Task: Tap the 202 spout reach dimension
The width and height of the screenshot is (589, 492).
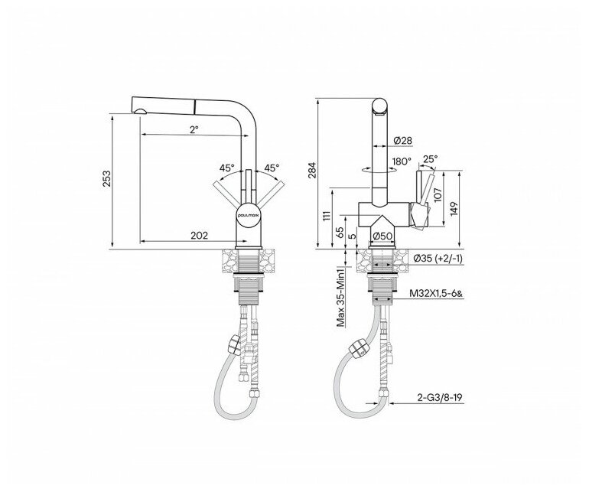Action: point(199,236)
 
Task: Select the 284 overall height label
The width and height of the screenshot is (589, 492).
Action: point(313,170)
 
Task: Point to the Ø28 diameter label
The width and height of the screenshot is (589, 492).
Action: point(403,140)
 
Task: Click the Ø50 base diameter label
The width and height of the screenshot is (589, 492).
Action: point(382,236)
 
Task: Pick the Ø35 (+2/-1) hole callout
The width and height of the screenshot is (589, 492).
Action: point(438,259)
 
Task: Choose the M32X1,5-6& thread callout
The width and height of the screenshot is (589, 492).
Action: point(436,294)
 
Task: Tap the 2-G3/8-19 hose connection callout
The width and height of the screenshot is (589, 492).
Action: point(439,397)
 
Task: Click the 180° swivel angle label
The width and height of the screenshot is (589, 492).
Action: point(402,161)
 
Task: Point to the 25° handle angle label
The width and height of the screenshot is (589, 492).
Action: point(431,159)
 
